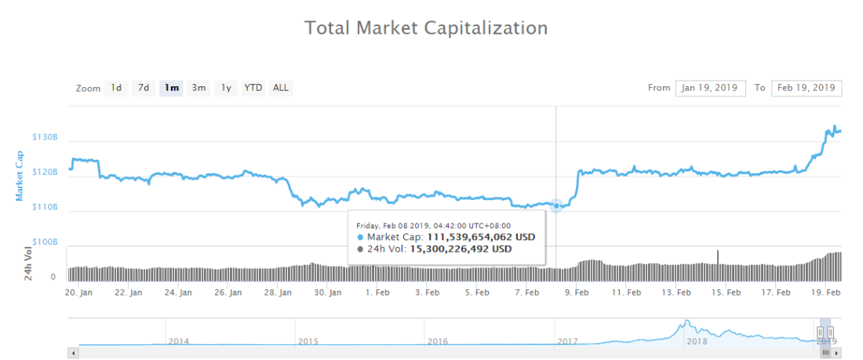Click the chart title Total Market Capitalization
[425, 28]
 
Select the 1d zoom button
[116, 88]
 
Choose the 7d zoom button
[144, 88]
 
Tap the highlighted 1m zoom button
[172, 88]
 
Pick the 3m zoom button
[199, 88]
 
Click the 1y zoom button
[226, 88]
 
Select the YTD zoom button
[253, 88]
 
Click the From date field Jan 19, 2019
[710, 88]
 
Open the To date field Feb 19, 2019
[807, 88]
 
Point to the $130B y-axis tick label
[45, 137]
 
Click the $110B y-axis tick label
[45, 207]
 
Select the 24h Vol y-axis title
[28, 264]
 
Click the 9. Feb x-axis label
[577, 293]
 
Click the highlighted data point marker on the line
[556, 205]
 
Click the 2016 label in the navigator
[437, 342]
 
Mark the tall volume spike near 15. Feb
[717, 257]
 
